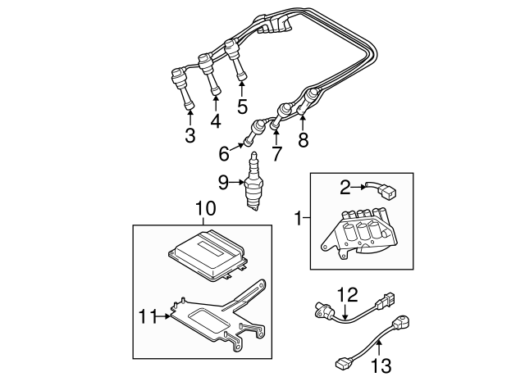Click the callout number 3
click(189, 136)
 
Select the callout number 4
click(216, 121)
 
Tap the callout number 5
click(242, 106)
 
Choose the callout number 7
click(276, 153)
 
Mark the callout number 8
click(303, 140)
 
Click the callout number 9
click(223, 182)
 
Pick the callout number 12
click(348, 293)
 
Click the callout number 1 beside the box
click(299, 219)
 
